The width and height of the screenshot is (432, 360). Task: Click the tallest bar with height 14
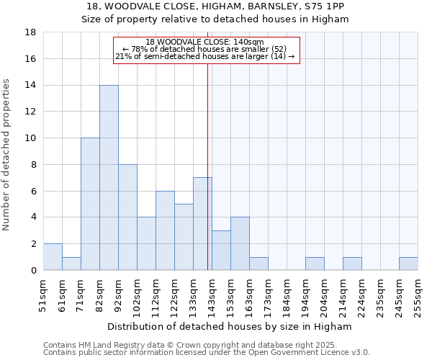click(109, 178)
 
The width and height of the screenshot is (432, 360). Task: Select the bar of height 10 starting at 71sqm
click(90, 204)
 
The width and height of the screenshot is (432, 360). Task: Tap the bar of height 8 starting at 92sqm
click(127, 217)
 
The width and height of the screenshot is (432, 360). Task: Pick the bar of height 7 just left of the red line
click(202, 224)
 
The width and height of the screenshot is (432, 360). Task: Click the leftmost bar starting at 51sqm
click(53, 257)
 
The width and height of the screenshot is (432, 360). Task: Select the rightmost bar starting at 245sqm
click(408, 264)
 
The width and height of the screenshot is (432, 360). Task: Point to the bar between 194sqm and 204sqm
click(315, 264)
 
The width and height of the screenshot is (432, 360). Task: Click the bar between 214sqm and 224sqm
click(352, 264)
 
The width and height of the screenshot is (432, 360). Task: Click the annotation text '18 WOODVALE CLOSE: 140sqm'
click(205, 42)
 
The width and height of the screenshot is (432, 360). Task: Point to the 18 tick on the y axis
click(31, 32)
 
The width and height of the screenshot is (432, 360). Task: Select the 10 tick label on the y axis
click(31, 138)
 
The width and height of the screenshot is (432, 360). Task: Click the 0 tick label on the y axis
click(33, 271)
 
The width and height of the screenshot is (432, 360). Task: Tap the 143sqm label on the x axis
click(212, 293)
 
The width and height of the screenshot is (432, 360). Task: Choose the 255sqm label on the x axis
click(418, 293)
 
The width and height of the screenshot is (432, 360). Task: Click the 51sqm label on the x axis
click(43, 293)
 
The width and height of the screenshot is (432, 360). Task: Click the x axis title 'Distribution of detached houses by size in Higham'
click(230, 326)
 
